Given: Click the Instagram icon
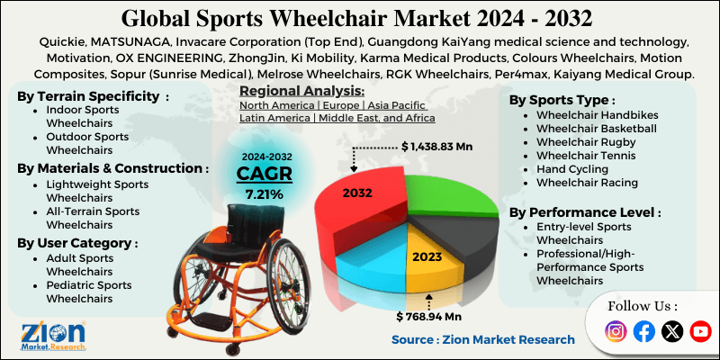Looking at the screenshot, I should coord(616,331).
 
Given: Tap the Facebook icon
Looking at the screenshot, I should coord(643,331).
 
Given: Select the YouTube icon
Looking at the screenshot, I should coord(699,331).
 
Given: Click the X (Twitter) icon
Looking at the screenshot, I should coord(671,331).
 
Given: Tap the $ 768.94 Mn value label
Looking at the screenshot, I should coord(431,316).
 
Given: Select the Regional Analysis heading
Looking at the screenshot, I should coord(301,91).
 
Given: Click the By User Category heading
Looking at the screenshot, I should coord(77,242).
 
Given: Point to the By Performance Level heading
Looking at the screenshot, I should coord(584,212).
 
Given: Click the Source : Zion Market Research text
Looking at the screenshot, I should coord(482,339).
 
